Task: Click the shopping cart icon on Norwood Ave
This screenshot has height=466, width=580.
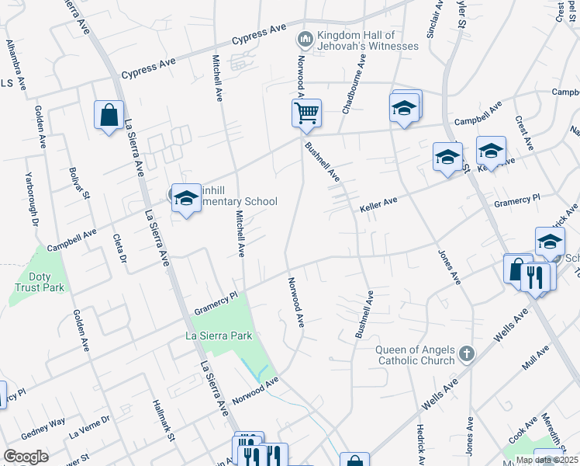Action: click(x=306, y=113)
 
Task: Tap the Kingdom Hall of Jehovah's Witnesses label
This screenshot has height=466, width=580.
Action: click(x=368, y=40)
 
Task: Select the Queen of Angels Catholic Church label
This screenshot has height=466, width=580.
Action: click(x=416, y=354)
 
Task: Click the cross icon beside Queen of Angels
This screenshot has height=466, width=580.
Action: click(x=465, y=354)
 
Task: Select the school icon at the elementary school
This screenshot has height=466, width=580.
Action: click(x=186, y=200)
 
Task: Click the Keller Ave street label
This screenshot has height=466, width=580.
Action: click(x=378, y=205)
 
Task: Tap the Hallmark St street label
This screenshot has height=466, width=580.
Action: click(x=161, y=420)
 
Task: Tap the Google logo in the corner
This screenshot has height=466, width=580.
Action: click(x=26, y=456)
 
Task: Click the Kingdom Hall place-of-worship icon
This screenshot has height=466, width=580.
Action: click(x=305, y=38)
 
